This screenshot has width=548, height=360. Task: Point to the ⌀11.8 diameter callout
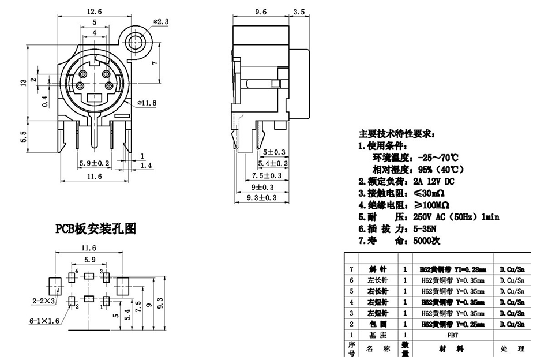tap(148, 103)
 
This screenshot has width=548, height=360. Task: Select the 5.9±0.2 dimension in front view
tap(94, 163)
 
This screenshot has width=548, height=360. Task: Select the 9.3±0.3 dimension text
tap(261, 198)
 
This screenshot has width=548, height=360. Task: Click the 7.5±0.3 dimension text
tap(267, 175)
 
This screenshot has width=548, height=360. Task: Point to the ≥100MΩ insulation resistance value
tap(431, 204)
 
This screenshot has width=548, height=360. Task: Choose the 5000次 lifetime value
tap(427, 241)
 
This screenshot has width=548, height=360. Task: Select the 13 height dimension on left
tap(23, 84)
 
